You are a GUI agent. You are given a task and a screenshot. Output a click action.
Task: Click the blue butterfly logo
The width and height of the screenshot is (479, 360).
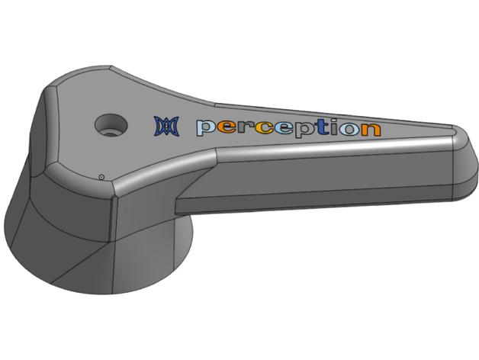coord(166,126)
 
